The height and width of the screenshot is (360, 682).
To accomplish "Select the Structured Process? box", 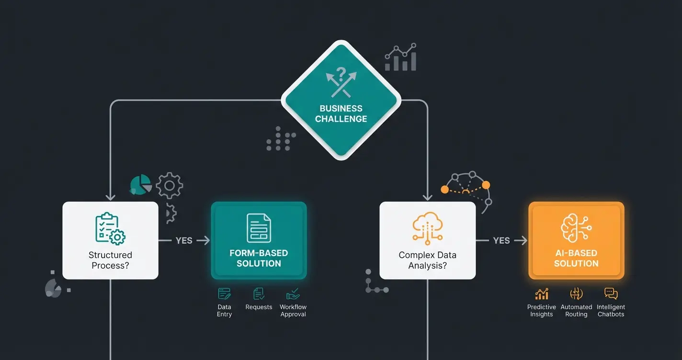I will (110, 240).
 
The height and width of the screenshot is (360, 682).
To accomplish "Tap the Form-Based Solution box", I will (259, 240).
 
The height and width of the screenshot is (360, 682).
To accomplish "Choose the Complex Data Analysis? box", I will (427, 240).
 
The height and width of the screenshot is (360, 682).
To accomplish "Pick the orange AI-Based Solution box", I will (576, 240).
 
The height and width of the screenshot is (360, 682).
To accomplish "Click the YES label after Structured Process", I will (184, 240).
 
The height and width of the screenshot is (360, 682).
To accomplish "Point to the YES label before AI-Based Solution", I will (501, 240).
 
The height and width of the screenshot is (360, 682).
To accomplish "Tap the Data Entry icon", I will (224, 293).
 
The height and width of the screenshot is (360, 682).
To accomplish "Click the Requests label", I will (259, 307).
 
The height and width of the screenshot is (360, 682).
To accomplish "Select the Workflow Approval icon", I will (293, 293).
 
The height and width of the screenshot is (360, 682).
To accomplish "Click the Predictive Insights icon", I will (542, 293).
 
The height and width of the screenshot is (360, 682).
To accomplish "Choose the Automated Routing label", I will (576, 311).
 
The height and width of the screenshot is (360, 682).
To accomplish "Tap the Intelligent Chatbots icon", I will (611, 293).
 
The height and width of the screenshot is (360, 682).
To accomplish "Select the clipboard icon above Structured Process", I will (110, 228).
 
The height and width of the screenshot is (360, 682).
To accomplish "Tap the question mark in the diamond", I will (341, 74).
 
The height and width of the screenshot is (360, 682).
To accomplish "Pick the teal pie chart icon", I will (140, 185).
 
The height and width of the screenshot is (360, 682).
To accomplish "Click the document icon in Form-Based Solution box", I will (259, 228).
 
